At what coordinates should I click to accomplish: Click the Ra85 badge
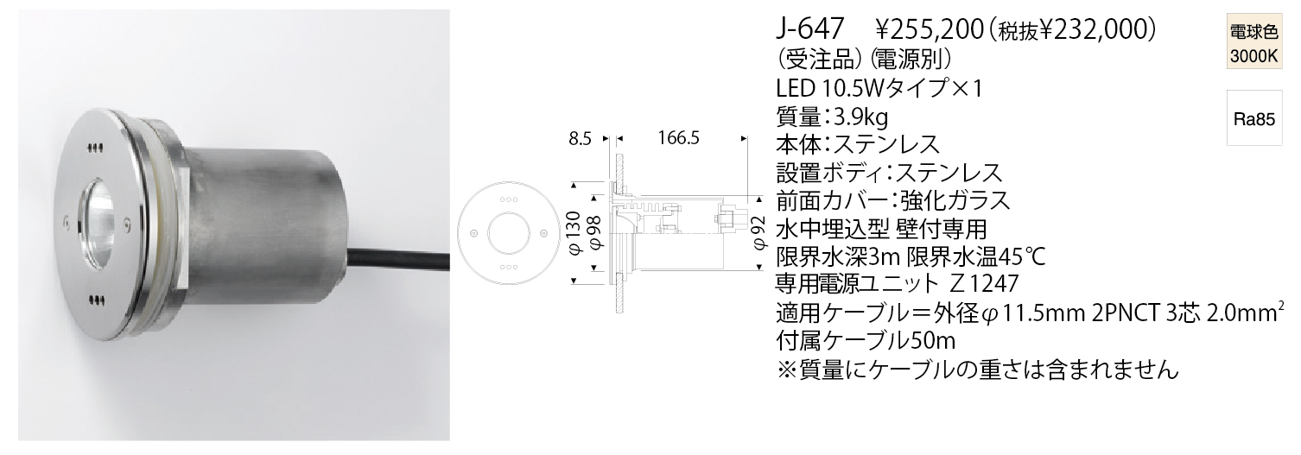pyautogui.click(x=1253, y=119)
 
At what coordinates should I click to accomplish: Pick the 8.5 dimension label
pyautogui.click(x=580, y=139)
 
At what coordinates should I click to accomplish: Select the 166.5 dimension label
pyautogui.click(x=678, y=139)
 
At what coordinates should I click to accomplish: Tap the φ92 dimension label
pyautogui.click(x=761, y=233)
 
